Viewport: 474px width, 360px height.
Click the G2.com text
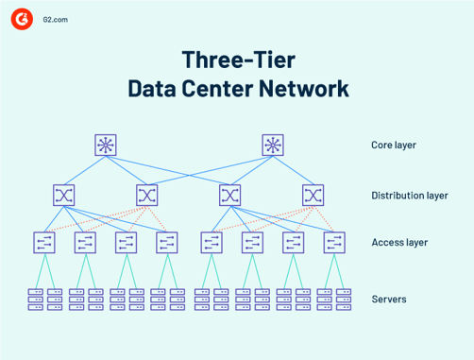[x=56, y=19]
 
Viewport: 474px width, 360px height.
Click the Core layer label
[x=394, y=146]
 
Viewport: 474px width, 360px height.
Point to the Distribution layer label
[x=408, y=196]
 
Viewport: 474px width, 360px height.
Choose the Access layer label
[x=399, y=243]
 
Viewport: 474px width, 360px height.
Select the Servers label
[x=388, y=300]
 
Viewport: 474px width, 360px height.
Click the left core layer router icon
[x=106, y=145]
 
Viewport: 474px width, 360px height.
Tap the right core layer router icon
[x=273, y=145]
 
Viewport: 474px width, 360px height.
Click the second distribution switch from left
[x=146, y=195]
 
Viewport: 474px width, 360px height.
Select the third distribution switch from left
[x=229, y=195]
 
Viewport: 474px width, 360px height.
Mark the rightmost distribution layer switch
[x=313, y=195]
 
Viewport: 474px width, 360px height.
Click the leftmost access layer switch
[x=44, y=242]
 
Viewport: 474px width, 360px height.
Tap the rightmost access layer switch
[x=333, y=242]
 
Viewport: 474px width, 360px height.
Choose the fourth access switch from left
[x=167, y=242]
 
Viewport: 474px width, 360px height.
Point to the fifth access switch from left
[x=211, y=242]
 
